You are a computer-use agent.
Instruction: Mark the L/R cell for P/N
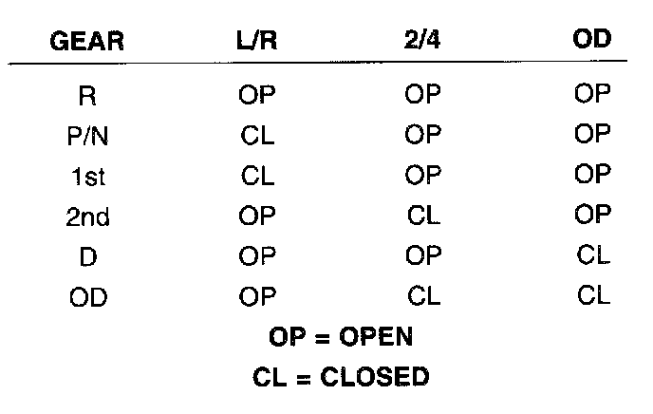[257, 136]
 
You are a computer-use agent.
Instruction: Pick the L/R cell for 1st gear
[257, 177]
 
